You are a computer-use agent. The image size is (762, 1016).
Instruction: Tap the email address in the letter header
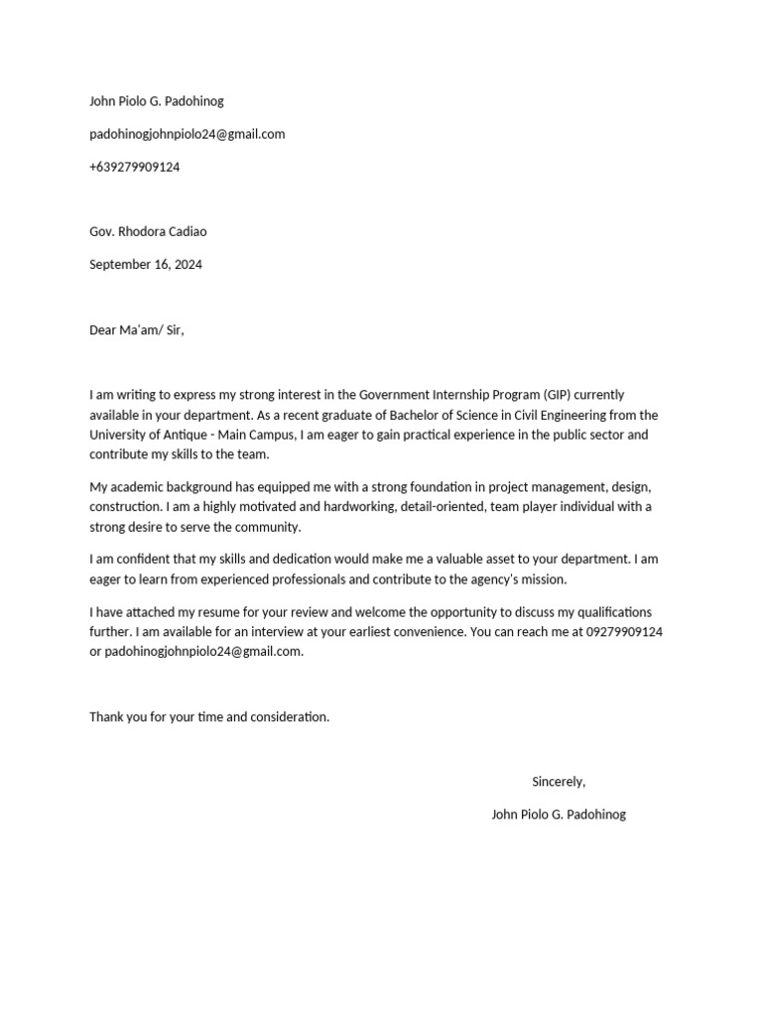pyautogui.click(x=187, y=134)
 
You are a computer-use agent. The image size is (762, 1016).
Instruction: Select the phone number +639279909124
pyautogui.click(x=135, y=167)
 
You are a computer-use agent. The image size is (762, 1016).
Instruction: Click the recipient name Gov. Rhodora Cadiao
pyautogui.click(x=148, y=231)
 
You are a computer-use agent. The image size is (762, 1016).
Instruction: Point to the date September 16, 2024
pyautogui.click(x=146, y=265)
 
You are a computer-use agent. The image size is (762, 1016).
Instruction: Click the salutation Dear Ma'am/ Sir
pyautogui.click(x=137, y=330)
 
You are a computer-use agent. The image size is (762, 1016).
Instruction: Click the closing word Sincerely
pyautogui.click(x=559, y=782)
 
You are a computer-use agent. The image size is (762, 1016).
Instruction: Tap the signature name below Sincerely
pyautogui.click(x=559, y=815)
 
